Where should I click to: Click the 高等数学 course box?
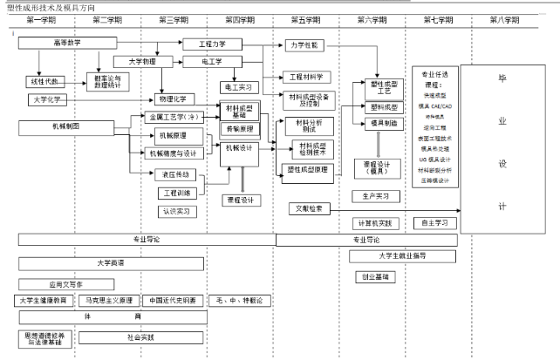click(x=67, y=42)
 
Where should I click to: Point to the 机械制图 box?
click(x=67, y=126)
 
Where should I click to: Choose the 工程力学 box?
click(x=213, y=43)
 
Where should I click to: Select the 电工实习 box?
click(x=237, y=87)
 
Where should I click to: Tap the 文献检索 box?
click(x=307, y=208)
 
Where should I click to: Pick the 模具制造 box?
click(x=384, y=124)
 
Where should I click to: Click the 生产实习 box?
click(x=376, y=196)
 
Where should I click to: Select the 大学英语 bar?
click(x=111, y=262)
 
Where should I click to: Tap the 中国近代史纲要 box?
click(x=172, y=300)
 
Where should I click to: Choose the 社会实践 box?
click(x=140, y=336)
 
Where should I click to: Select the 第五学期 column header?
click(x=304, y=19)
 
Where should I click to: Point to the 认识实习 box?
click(x=177, y=210)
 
